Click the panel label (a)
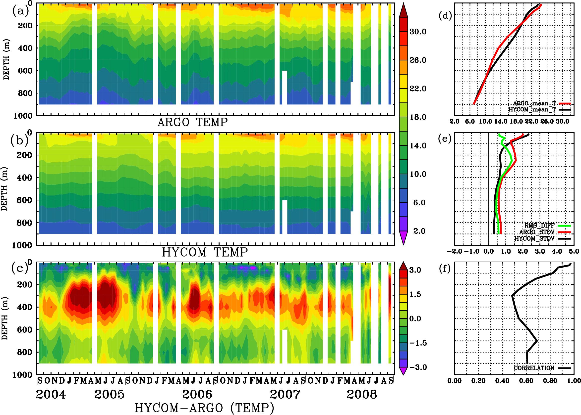coord(20,11)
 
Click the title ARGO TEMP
coord(192,122)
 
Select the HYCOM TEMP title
coord(205,252)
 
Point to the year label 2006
coord(197,394)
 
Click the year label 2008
coord(362,394)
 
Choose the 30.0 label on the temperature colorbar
coord(418,32)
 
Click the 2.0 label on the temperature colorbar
coord(419,231)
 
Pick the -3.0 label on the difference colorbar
coord(418,367)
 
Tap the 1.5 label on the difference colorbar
coord(415,294)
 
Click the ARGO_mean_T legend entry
coord(534,103)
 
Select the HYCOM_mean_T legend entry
coord(532,109)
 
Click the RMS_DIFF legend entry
coord(539,226)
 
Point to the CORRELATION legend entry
coord(534,368)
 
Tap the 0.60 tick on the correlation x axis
coord(526,381)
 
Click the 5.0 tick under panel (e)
coord(574,251)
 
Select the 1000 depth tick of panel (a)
coord(23,116)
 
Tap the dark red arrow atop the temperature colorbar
coord(404,10)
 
